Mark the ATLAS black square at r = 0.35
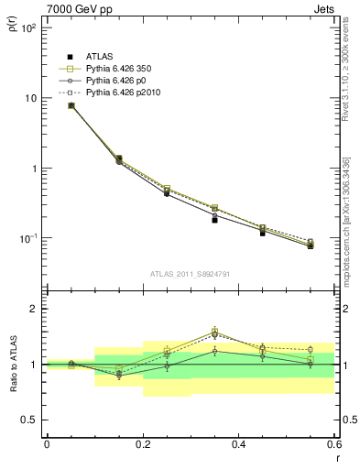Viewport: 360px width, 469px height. pyautogui.click(x=214, y=220)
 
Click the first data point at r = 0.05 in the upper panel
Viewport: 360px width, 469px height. pyautogui.click(x=71, y=105)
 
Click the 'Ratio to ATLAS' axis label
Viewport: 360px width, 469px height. pyautogui.click(x=12, y=364)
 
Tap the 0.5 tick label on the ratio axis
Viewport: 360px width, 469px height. pyautogui.click(x=29, y=420)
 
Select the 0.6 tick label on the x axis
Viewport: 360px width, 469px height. pyautogui.click(x=334, y=443)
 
